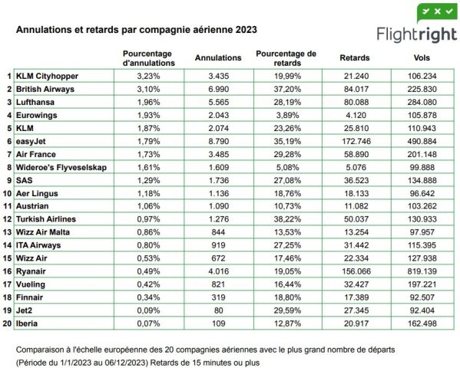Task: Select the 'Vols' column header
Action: (420, 58)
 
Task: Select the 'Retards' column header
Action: (355, 58)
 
